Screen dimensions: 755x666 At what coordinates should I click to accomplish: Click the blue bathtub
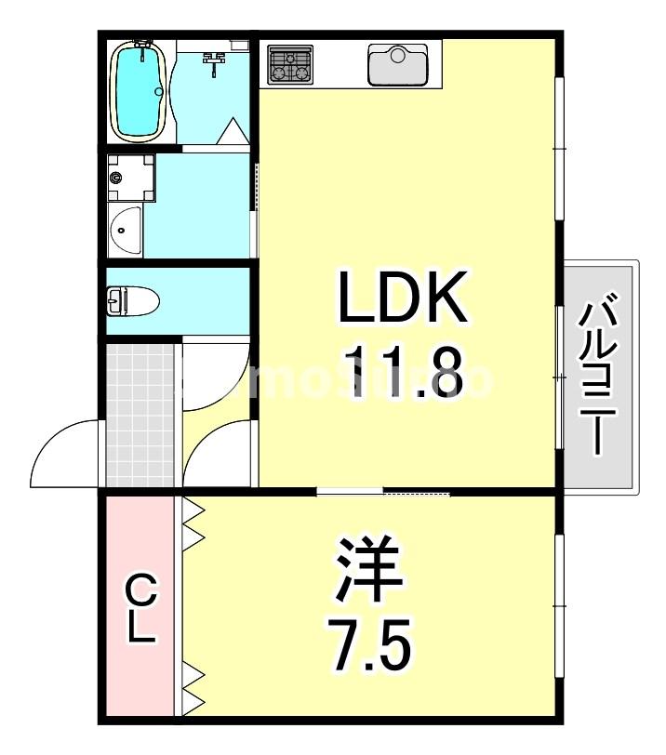coord(139,92)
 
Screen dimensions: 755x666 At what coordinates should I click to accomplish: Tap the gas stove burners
coord(290,64)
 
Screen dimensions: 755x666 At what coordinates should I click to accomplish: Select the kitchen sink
coord(397,64)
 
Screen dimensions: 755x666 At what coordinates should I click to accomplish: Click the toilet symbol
coord(132,301)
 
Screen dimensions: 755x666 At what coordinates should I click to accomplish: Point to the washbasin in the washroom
coord(124,232)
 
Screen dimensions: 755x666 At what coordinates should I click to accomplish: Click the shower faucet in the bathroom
coord(215,60)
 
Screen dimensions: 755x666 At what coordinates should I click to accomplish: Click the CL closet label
coord(140,609)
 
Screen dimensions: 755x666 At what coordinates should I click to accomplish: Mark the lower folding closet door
coord(193,686)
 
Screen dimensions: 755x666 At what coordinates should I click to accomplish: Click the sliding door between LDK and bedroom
coord(383,490)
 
